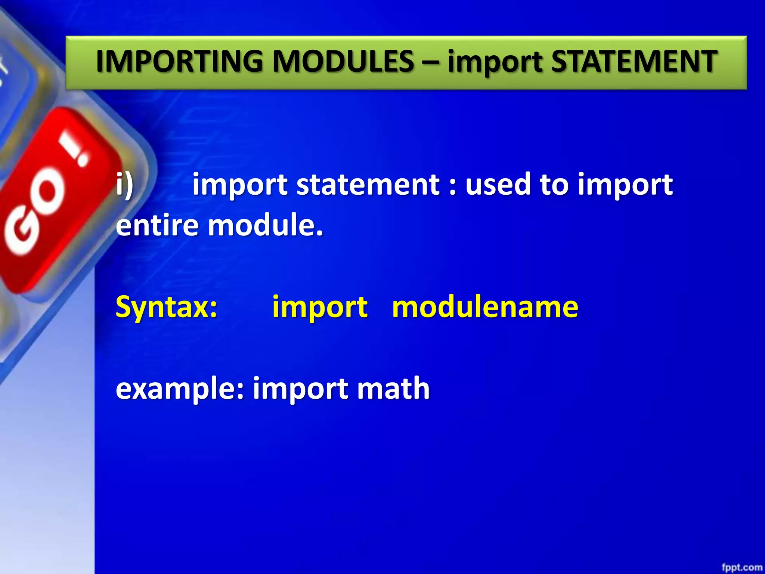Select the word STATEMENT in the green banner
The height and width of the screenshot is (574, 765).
[634, 62]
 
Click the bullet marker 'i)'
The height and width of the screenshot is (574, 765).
[125, 185]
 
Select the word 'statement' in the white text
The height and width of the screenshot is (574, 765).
[368, 185]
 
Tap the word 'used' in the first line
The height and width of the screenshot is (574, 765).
[498, 185]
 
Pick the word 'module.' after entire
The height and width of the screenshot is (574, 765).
[265, 225]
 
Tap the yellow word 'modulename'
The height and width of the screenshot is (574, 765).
[485, 307]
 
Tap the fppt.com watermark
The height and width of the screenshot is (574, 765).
[741, 567]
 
